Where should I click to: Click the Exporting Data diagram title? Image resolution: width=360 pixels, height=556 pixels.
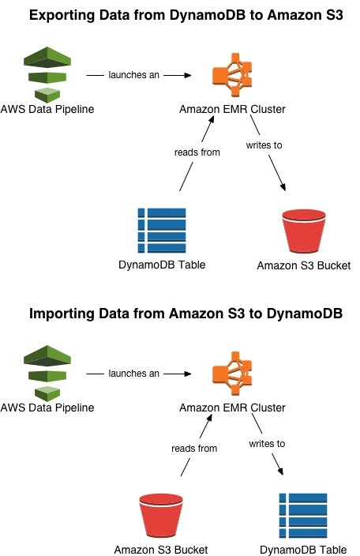point(186,15)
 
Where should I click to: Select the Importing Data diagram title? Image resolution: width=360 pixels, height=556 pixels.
point(186,314)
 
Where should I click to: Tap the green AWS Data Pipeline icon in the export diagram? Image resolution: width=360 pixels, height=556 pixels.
point(47,74)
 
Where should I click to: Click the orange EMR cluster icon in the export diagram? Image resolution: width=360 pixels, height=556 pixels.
point(232,75)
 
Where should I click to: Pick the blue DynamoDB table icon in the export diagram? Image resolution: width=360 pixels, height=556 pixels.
point(162,231)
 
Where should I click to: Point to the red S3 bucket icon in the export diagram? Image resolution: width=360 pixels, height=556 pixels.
point(304,231)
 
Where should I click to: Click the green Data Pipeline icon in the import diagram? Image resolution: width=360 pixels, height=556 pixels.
point(47,373)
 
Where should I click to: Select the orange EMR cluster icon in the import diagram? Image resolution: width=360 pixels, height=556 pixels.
point(232,374)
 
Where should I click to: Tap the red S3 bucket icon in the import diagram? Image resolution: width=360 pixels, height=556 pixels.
point(161,516)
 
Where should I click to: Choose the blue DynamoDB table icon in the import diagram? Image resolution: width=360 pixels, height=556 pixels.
point(303,516)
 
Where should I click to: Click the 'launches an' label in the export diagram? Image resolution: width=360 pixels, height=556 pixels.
point(133,75)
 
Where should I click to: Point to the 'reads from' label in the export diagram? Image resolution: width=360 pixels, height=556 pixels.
point(197,152)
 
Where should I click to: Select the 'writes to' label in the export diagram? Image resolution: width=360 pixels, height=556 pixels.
point(264,145)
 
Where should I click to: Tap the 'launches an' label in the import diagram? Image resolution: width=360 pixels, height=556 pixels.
point(133,374)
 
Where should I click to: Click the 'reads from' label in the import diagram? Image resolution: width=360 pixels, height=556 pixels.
point(194,449)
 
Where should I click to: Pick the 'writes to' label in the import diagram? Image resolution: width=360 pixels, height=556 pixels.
point(267,444)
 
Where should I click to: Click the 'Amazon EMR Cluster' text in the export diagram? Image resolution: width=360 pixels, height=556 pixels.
point(232,109)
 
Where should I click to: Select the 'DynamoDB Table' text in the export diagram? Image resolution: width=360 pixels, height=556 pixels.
point(162,265)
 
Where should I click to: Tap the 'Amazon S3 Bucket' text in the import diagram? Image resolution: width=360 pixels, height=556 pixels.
point(161,550)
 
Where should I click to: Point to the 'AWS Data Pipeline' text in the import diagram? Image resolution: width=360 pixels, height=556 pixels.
point(47,408)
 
